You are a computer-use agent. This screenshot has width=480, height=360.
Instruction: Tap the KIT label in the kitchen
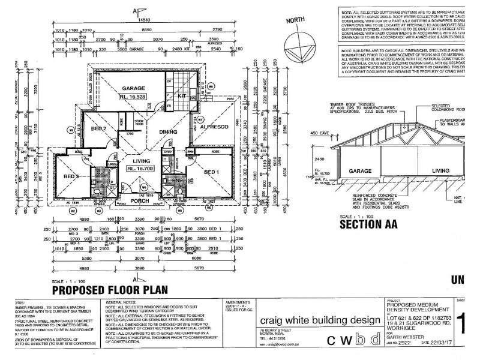coord(182,95)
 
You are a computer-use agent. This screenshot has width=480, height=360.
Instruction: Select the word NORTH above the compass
coord(295,20)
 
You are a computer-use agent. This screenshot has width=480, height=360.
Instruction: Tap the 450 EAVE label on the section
coord(321,133)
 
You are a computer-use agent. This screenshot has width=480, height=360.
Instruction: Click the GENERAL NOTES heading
coord(124,304)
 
